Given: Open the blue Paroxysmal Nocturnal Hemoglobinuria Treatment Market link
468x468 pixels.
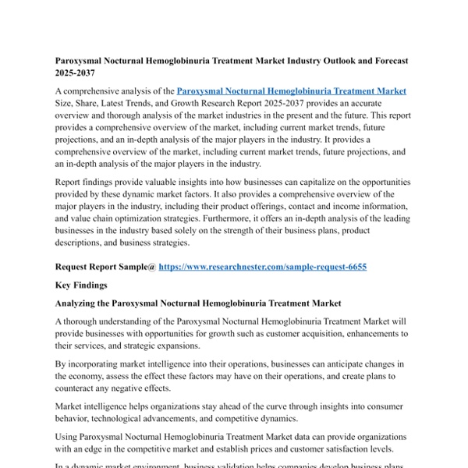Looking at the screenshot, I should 292,91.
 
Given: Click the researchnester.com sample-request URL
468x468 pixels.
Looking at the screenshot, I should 263,267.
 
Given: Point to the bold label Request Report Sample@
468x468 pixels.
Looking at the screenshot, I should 105,267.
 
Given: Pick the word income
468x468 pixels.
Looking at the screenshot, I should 303,207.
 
